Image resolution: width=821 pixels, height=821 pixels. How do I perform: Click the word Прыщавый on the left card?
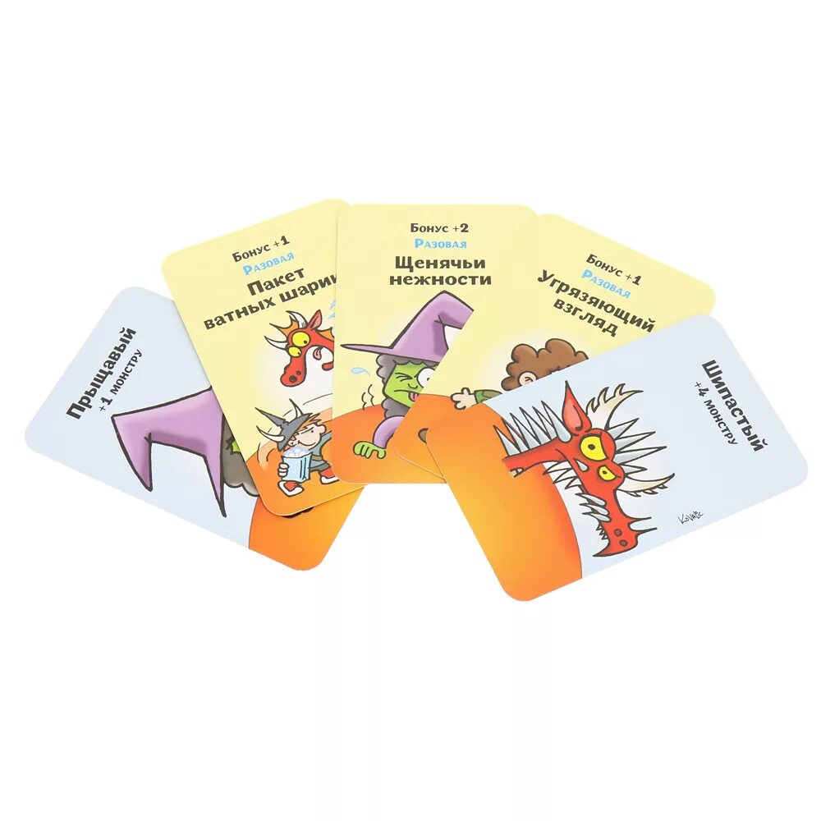[x=101, y=374]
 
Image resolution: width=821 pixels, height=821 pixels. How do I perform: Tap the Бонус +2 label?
[x=440, y=228]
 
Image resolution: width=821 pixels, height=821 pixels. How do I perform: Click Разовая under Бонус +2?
[x=440, y=244]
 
